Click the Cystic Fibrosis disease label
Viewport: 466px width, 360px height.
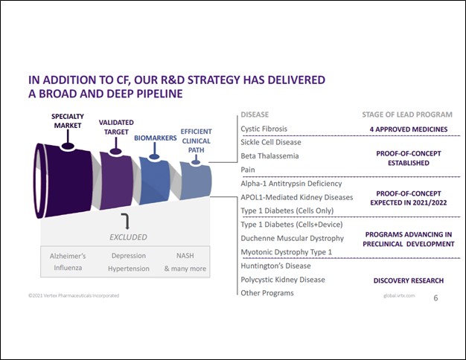tap(263, 129)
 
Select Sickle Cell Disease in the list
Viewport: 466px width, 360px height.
tap(269, 142)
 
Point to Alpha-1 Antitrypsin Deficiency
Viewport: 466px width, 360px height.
tap(291, 183)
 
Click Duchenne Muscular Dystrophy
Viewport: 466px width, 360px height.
tap(292, 238)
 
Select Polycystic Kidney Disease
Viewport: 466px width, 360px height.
tap(282, 280)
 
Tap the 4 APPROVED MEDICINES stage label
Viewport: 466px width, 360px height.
tap(407, 129)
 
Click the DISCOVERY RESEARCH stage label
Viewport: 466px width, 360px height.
tap(408, 280)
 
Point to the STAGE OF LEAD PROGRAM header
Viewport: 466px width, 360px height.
tap(407, 115)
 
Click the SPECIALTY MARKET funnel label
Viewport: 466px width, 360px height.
tap(67, 121)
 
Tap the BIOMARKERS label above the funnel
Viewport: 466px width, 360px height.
tap(156, 138)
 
